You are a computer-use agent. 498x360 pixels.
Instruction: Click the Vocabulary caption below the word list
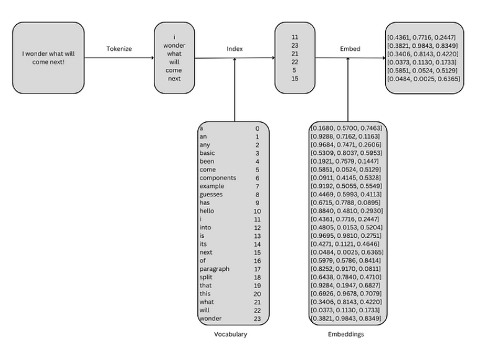tap(231, 334)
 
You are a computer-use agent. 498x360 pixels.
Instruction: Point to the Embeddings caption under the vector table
tap(346, 334)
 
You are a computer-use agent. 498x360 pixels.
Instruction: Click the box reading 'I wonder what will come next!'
tap(48, 58)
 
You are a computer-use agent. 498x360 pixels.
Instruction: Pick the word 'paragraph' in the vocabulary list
tap(214, 269)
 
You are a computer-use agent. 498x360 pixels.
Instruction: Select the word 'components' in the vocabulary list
tap(218, 178)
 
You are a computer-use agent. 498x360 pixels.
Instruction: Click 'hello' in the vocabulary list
tap(207, 211)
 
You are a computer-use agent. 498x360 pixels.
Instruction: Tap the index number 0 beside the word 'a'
tap(257, 128)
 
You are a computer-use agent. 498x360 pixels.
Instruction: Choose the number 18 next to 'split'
tap(257, 277)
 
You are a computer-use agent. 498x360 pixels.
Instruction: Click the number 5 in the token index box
tap(295, 70)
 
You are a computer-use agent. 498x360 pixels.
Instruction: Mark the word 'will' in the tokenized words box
tap(174, 62)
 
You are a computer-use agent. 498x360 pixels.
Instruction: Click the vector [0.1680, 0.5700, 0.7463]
tap(347, 128)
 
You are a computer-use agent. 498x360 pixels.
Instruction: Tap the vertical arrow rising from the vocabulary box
tap(234, 90)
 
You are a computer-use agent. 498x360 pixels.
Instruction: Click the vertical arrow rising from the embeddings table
tap(348, 90)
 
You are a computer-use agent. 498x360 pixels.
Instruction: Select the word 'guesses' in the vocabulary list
tap(211, 195)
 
